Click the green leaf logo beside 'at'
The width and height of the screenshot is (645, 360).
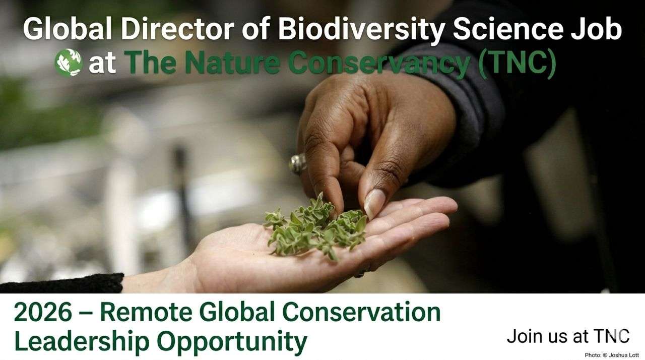pyautogui.click(x=68, y=63)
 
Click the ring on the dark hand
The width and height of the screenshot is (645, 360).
pyautogui.click(x=298, y=163)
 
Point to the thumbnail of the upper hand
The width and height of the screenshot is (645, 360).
pyautogui.click(x=374, y=203)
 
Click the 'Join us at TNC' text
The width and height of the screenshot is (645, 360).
pyautogui.click(x=568, y=336)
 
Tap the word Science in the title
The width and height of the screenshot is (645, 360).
pyautogui.click(x=507, y=30)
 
